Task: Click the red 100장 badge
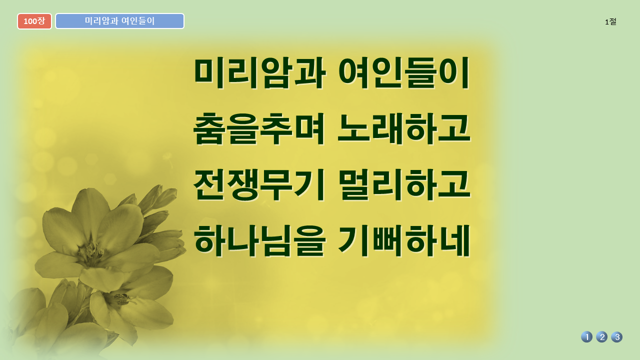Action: pos(34,21)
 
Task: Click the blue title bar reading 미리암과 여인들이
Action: pos(119,21)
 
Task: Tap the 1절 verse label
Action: pos(610,21)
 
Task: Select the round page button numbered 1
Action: pos(587,337)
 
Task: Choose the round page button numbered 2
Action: pos(601,337)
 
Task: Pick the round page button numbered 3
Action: pos(617,337)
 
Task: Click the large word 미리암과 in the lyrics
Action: pos(259,72)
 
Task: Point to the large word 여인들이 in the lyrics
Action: pos(404,72)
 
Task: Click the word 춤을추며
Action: pos(259,128)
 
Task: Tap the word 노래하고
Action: pos(404,128)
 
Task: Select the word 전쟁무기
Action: pos(259,184)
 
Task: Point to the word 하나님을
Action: pos(259,240)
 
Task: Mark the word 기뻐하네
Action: pos(404,240)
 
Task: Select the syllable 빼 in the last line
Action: pos(387,240)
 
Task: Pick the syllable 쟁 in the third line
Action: pos(243,184)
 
